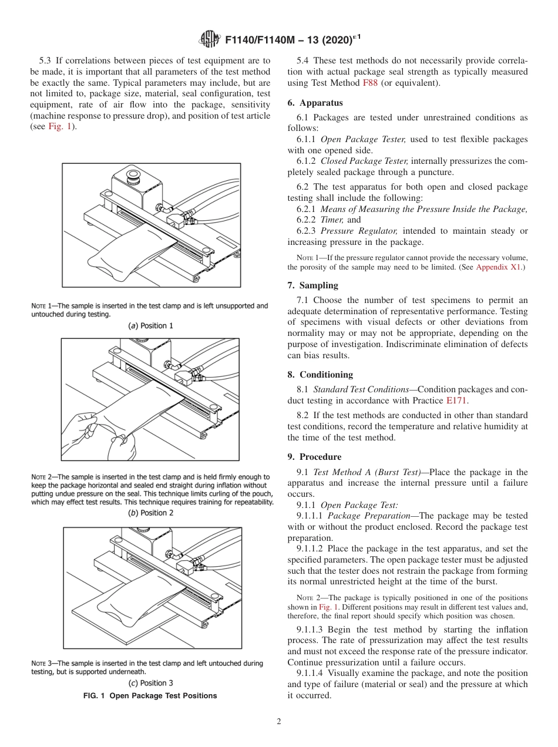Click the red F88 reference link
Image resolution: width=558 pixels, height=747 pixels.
(371, 83)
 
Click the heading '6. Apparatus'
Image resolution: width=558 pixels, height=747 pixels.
(315, 103)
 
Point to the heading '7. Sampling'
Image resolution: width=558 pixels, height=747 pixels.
(312, 285)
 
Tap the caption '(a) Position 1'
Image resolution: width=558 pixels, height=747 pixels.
(151, 325)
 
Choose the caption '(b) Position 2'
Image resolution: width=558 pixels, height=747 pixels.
(151, 513)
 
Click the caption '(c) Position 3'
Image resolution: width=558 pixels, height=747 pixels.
(151, 683)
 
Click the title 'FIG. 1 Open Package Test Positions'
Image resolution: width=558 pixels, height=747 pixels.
(150, 696)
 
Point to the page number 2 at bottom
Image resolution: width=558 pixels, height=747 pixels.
(279, 722)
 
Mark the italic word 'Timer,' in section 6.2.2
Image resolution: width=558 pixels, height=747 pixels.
(332, 220)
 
